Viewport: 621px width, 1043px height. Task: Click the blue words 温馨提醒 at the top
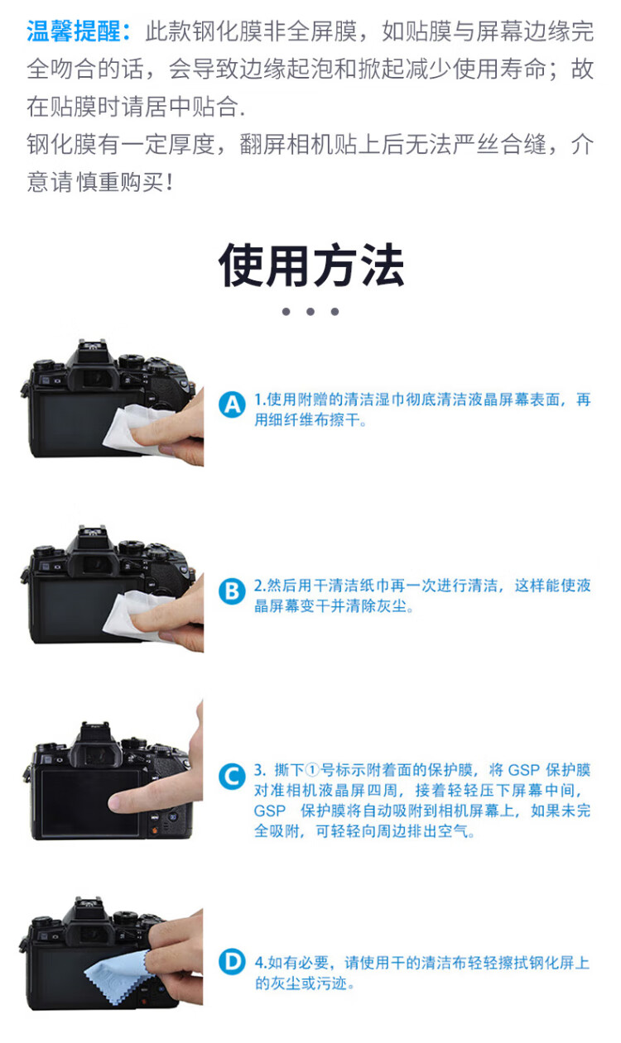[x=73, y=31]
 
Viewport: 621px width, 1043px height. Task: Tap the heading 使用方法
[x=311, y=265]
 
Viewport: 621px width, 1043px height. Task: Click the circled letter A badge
[x=232, y=404]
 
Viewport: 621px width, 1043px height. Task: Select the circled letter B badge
[x=232, y=591]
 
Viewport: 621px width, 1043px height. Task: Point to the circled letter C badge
[x=232, y=777]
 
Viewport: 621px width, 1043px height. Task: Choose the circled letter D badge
[x=232, y=961]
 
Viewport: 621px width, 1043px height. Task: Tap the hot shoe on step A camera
[x=92, y=346]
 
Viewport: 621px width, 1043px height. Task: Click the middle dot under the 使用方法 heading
[x=310, y=312]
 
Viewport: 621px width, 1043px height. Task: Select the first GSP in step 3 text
[x=523, y=770]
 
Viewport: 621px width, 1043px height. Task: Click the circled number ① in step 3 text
[x=312, y=770]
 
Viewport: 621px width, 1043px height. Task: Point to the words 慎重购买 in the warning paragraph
[x=120, y=182]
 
